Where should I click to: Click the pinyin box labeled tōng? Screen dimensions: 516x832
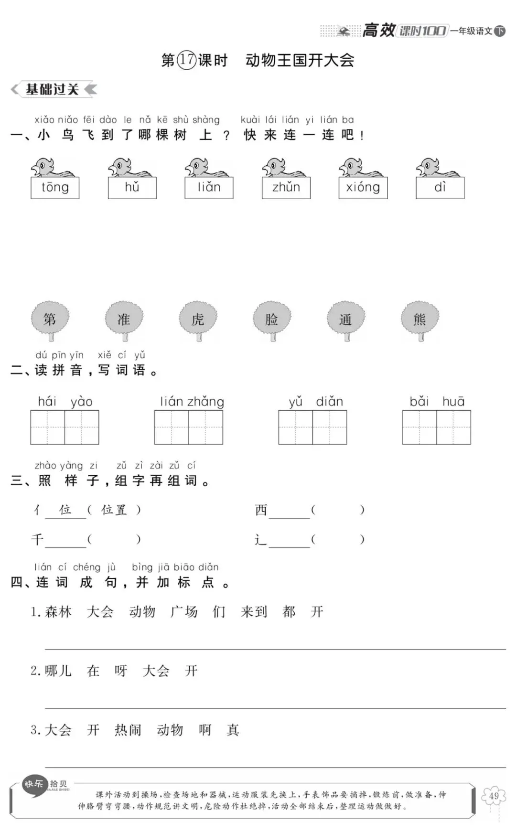click(55, 188)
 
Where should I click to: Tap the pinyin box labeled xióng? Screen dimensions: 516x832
click(363, 188)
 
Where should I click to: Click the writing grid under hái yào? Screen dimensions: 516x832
click(64, 427)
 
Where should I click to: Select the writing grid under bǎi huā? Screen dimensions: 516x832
click(436, 427)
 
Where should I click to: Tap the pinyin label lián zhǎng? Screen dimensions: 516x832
click(192, 402)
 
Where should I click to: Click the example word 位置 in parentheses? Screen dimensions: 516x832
click(114, 510)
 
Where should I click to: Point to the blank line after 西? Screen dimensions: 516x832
click(289, 512)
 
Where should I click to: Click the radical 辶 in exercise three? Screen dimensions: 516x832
click(260, 540)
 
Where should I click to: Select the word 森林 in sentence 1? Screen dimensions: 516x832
click(58, 612)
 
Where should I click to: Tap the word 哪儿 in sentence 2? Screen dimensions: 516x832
click(58, 671)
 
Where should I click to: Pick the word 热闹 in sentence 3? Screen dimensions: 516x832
click(128, 730)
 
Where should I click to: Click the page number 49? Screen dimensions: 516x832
click(494, 796)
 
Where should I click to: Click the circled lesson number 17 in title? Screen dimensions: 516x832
click(187, 60)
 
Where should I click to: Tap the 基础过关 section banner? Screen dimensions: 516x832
click(53, 89)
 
